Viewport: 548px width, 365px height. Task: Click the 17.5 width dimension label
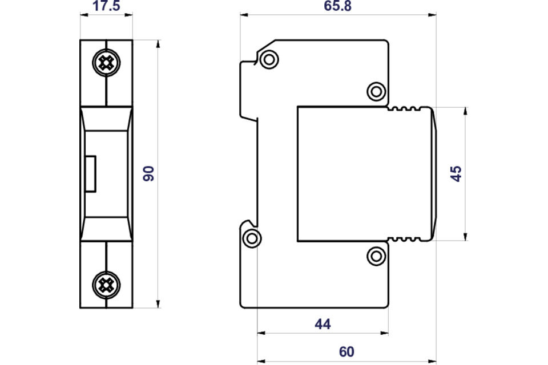tap(106, 6)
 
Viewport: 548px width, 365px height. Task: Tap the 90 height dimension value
tap(148, 173)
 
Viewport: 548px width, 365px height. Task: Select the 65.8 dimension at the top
tap(337, 6)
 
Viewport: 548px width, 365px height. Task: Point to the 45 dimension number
tap(456, 174)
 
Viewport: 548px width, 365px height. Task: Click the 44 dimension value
tap(323, 324)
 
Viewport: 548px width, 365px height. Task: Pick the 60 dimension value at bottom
tap(346, 351)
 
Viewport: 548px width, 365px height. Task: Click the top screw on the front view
tap(106, 63)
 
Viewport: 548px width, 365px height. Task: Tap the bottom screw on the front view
tap(106, 285)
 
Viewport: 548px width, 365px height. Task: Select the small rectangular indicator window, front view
tap(91, 174)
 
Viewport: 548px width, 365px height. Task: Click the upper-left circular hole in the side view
tap(269, 59)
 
